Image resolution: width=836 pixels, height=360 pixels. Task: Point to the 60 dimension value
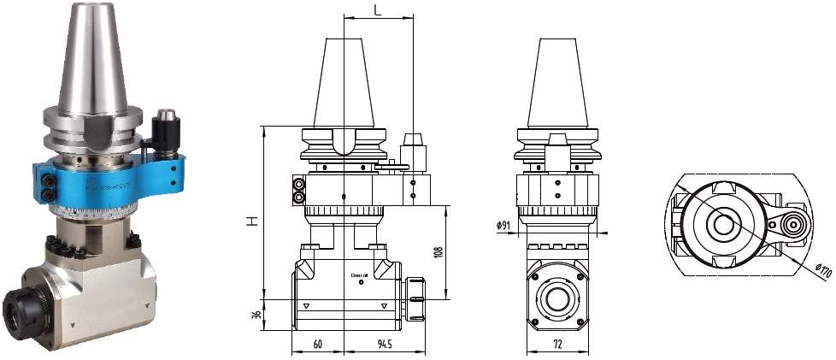point(317,345)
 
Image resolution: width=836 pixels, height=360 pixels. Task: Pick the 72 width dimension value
point(557,345)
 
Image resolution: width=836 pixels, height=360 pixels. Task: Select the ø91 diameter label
point(503,226)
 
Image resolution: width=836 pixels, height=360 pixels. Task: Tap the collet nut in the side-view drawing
point(416,299)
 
